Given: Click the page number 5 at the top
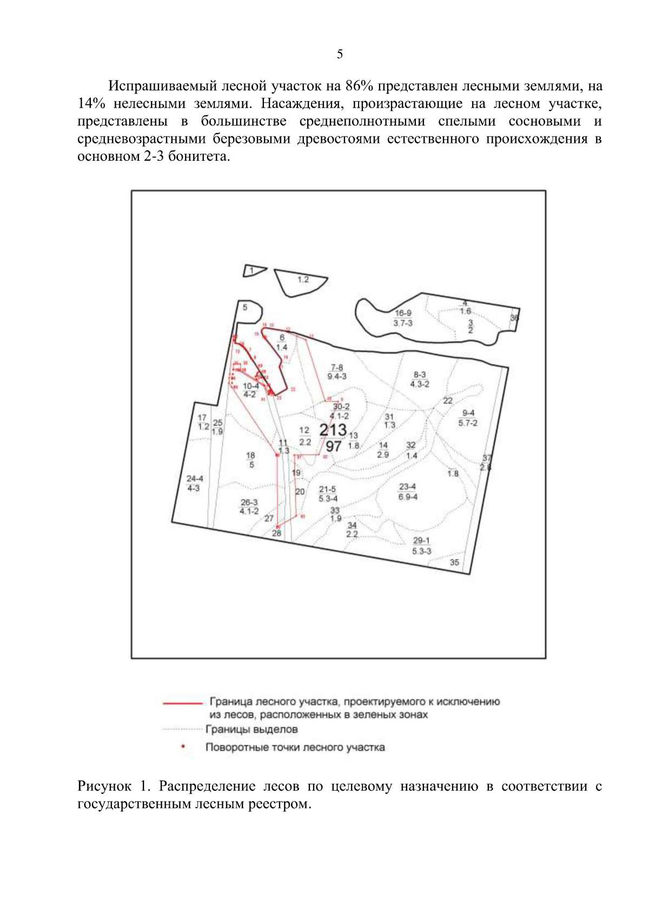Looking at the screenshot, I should click(x=340, y=54).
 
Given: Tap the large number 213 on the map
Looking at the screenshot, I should click(x=333, y=430).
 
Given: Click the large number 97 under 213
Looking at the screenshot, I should click(x=333, y=446).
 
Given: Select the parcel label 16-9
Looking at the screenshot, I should click(x=403, y=313).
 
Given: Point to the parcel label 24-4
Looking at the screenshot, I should click(x=195, y=479).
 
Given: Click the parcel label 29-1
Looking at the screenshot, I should click(x=421, y=541).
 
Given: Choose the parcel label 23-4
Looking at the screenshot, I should click(x=407, y=487).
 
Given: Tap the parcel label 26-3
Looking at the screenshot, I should click(x=249, y=503).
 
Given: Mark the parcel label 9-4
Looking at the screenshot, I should click(x=468, y=413).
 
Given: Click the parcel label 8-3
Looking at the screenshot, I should click(x=420, y=375).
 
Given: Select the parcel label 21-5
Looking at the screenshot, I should click(x=327, y=489).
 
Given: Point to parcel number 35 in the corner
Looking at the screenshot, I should click(x=454, y=563).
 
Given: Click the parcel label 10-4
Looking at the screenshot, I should click(x=250, y=386).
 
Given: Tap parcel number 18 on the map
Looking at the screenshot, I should click(x=250, y=456).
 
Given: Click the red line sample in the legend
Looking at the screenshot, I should click(x=182, y=703).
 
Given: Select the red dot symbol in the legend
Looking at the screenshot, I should click(x=183, y=747).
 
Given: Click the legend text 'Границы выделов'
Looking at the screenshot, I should click(x=251, y=730).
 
